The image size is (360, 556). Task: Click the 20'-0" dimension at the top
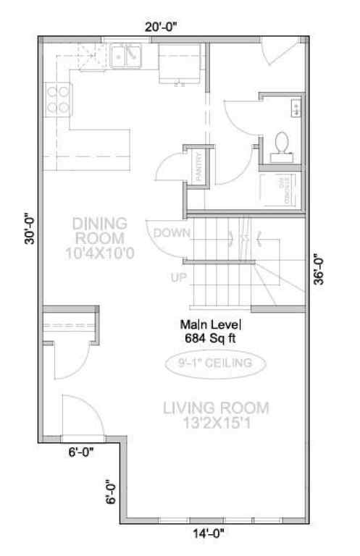(160, 26)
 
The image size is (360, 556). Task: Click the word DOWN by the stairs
(171, 232)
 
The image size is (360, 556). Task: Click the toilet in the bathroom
(282, 144)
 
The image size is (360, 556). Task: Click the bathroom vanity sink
(296, 108)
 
